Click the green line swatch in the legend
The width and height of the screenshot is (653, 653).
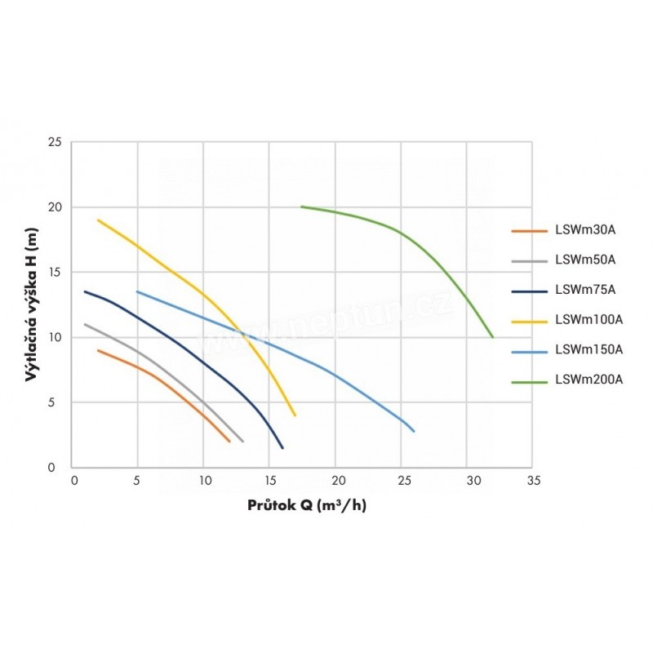click(x=528, y=380)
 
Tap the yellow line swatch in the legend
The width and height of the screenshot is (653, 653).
click(x=528, y=321)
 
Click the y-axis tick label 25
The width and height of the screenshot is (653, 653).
click(x=55, y=142)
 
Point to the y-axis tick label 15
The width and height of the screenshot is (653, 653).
click(x=55, y=272)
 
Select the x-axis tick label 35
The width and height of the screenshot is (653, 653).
click(x=534, y=481)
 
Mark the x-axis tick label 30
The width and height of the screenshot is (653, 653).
click(x=468, y=481)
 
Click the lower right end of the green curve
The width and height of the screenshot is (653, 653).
click(x=493, y=336)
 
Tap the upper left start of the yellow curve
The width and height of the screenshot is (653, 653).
click(x=98, y=220)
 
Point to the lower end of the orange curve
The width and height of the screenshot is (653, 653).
click(x=230, y=442)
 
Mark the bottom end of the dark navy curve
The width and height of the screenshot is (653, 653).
click(x=282, y=448)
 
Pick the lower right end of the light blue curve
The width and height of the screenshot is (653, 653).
click(x=414, y=431)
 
